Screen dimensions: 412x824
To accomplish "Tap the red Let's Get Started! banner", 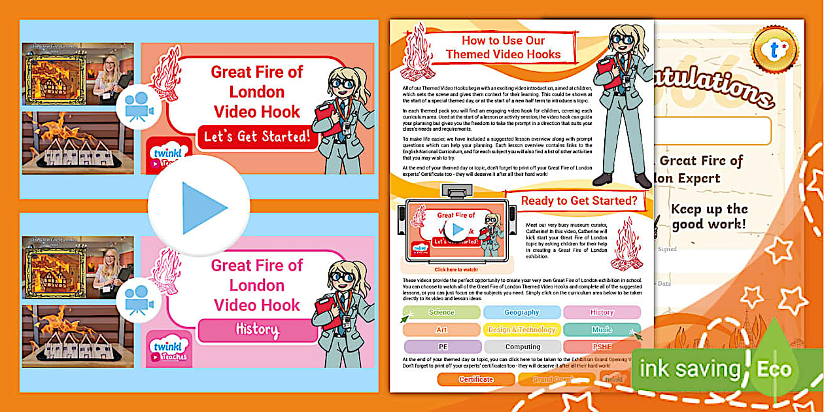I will coord(256,138).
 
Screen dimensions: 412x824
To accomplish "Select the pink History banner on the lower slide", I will coord(256,330).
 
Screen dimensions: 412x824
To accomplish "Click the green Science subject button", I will coord(441,313).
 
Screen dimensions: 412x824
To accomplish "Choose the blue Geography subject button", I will coord(521,313).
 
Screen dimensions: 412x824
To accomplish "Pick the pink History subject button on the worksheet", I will coord(602,313).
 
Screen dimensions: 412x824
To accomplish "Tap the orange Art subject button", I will coord(441,330).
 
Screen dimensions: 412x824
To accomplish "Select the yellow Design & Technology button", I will coord(521,330).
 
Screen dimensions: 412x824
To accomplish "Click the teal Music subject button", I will coord(602,330).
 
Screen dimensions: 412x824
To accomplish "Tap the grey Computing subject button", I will coord(521,347).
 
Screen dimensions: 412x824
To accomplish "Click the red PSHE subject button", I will coord(602,347).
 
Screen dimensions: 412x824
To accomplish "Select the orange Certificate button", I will coord(475,379).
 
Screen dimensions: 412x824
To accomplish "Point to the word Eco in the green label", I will coord(774,369).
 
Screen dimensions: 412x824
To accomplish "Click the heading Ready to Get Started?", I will coord(579,201).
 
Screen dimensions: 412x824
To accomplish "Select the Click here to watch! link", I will coord(456,269).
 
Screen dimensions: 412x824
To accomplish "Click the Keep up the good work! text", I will coord(709,216).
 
